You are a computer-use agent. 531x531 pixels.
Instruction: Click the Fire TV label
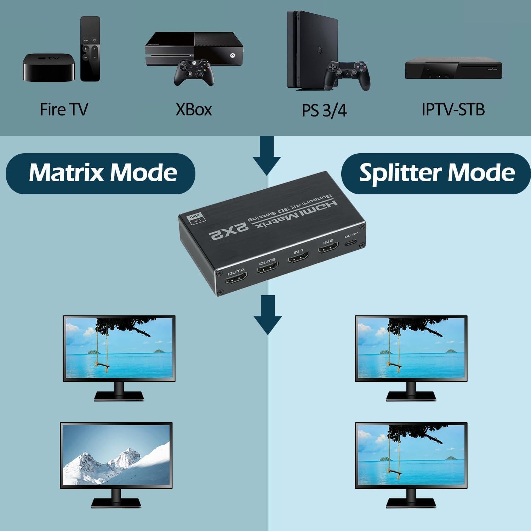[x=64, y=109]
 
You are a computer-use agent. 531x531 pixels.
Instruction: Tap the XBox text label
[x=194, y=109]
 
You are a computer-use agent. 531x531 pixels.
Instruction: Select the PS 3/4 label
[x=324, y=110]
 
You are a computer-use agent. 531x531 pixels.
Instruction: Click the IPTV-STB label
[x=453, y=109]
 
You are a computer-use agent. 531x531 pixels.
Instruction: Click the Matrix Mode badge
[x=101, y=173]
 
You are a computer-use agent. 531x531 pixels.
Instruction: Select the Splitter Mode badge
[x=436, y=173]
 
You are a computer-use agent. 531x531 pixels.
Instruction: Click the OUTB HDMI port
[x=268, y=270]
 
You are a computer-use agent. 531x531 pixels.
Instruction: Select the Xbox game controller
[x=193, y=73]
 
